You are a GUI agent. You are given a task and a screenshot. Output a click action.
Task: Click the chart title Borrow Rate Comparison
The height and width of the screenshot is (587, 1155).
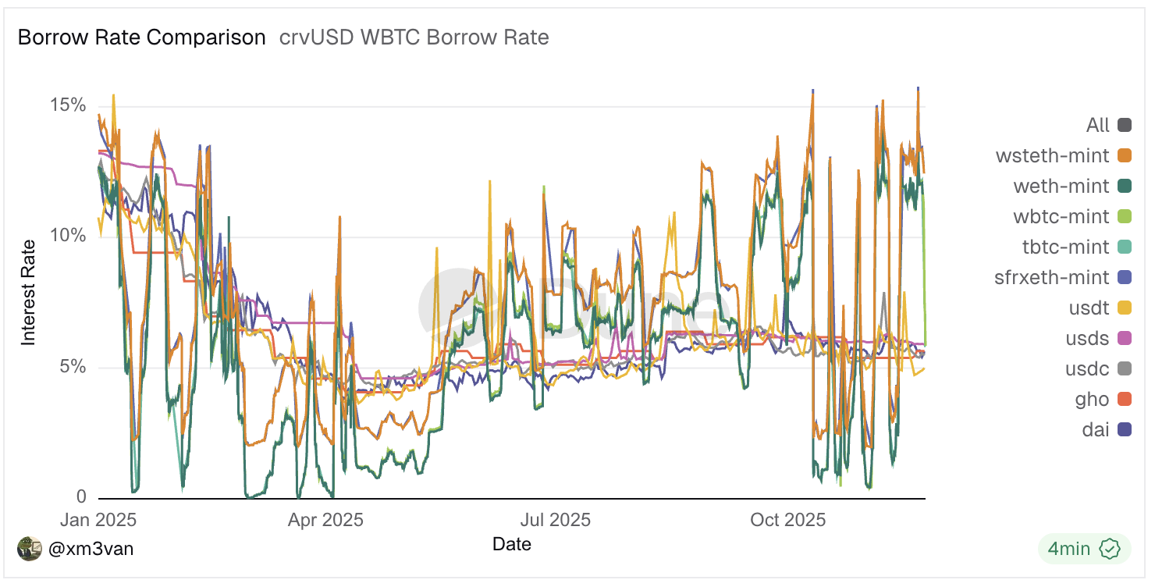(141, 37)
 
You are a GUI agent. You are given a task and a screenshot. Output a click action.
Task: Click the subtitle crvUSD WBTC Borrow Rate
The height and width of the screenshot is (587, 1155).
(414, 37)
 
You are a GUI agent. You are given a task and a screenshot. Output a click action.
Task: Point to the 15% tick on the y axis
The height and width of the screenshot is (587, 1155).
(68, 105)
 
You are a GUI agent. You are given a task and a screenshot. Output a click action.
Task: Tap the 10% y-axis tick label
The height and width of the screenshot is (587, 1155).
(68, 236)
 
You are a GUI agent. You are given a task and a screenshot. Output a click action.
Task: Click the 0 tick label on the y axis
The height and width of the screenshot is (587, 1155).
(81, 497)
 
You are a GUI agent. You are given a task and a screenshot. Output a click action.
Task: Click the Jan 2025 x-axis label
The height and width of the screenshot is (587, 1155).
(98, 520)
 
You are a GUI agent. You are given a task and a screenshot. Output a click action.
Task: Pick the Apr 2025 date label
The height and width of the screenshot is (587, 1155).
(325, 520)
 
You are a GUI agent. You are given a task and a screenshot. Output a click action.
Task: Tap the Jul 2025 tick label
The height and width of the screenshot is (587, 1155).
(555, 520)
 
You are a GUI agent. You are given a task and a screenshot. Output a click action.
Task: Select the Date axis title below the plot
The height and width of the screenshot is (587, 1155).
(512, 544)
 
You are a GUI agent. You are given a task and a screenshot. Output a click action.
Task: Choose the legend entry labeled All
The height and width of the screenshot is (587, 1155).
(1097, 125)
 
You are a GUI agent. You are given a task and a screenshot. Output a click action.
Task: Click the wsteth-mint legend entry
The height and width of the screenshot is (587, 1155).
(1052, 155)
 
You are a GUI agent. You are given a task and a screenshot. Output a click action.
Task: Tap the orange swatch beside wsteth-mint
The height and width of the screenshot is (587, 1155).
(1125, 155)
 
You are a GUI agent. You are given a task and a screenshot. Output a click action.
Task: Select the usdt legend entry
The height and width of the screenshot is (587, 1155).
(1089, 308)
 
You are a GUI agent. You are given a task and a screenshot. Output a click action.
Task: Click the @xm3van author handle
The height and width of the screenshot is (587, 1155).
(91, 549)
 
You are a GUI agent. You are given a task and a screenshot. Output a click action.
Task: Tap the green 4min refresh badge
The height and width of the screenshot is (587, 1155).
(1084, 549)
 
